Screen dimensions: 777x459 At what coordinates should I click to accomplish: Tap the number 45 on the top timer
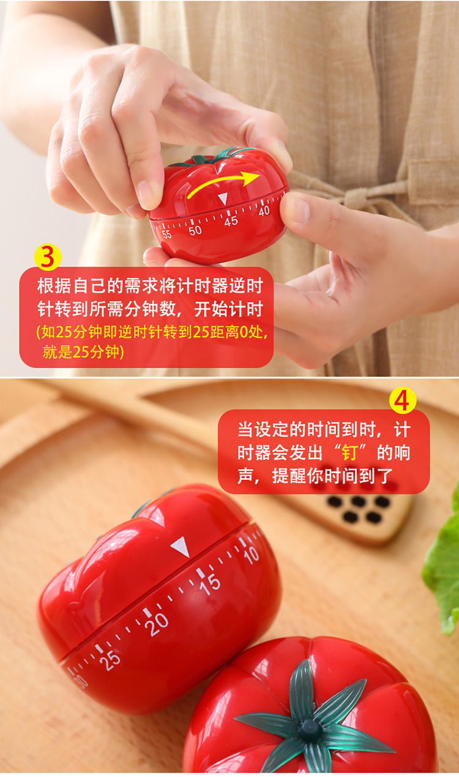click(x=231, y=221)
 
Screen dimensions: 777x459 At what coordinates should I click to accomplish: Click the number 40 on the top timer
click(x=264, y=211)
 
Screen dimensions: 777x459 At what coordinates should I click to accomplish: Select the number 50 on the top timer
click(x=195, y=230)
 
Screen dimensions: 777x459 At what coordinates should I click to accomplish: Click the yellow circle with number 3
click(x=47, y=257)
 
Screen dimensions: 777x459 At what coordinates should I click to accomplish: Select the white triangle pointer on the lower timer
click(x=181, y=546)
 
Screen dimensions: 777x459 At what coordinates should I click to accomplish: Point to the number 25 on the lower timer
click(x=110, y=659)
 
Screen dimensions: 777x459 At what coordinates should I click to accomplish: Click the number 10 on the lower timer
click(x=251, y=555)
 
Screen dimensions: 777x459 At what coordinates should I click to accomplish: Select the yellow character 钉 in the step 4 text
click(x=349, y=453)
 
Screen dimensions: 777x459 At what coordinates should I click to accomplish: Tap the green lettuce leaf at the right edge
click(x=444, y=570)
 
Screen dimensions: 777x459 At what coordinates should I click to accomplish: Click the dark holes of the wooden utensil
click(x=359, y=509)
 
